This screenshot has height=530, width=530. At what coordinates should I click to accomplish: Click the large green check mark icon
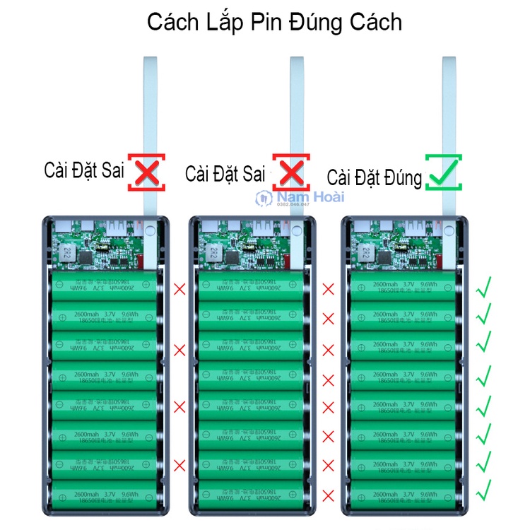[x=443, y=172]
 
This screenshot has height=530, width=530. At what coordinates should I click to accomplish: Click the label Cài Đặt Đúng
[x=375, y=177]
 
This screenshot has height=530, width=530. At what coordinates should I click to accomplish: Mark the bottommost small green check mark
[x=484, y=490]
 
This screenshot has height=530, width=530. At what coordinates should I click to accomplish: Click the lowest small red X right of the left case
[x=179, y=464]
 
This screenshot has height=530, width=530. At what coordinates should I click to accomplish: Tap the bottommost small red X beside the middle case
[x=328, y=493]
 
